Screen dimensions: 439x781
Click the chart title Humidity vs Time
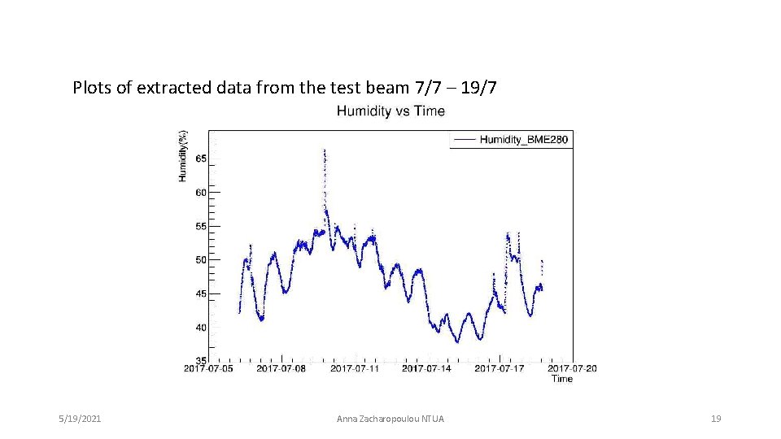pyautogui.click(x=390, y=111)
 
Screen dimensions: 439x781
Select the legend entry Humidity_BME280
pyautogui.click(x=523, y=140)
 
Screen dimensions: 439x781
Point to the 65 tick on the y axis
pyautogui.click(x=200, y=159)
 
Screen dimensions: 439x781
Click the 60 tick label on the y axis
pyautogui.click(x=200, y=193)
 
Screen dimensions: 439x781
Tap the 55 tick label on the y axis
pyautogui.click(x=200, y=226)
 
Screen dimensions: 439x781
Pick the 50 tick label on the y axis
pyautogui.click(x=200, y=260)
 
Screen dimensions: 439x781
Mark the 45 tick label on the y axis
pyautogui.click(x=200, y=293)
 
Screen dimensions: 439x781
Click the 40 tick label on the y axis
pyautogui.click(x=200, y=328)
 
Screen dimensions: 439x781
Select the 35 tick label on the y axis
pyautogui.click(x=200, y=361)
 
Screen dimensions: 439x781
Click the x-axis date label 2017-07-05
pyautogui.click(x=208, y=369)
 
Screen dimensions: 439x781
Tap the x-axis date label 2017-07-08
pyautogui.click(x=281, y=369)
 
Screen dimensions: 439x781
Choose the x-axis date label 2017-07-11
pyautogui.click(x=354, y=369)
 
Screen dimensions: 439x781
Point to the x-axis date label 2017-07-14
pyautogui.click(x=426, y=369)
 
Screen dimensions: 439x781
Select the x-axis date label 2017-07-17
pyautogui.click(x=499, y=369)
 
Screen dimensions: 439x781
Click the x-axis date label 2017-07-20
pyautogui.click(x=572, y=369)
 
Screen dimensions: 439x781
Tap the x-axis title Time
pyautogui.click(x=561, y=379)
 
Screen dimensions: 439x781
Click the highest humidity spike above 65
pyautogui.click(x=325, y=151)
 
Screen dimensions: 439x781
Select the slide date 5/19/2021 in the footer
pyautogui.click(x=80, y=419)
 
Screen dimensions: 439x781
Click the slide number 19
pyautogui.click(x=716, y=419)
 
